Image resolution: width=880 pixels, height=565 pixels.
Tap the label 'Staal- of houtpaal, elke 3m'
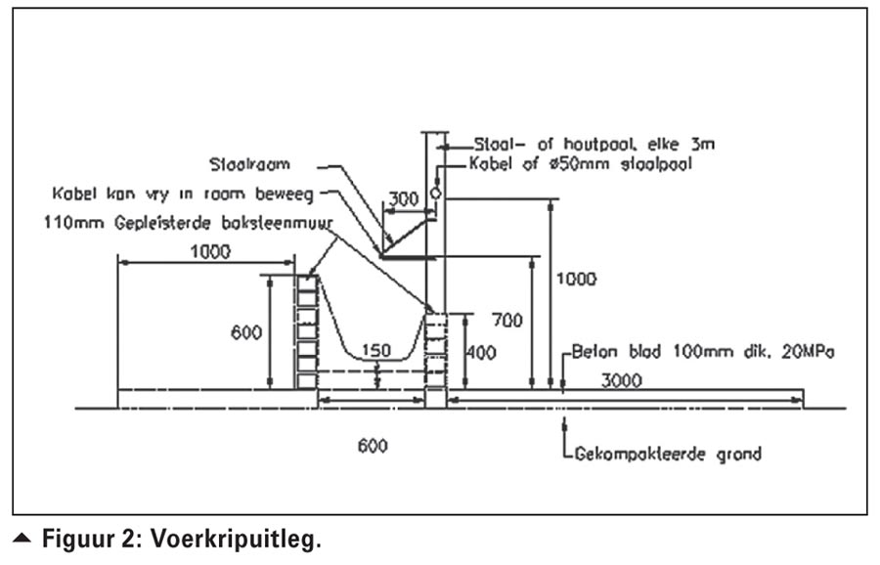[x=592, y=144]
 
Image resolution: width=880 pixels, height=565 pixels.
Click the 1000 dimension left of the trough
[x=210, y=251]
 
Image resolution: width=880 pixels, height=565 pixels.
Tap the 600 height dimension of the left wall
[x=246, y=332]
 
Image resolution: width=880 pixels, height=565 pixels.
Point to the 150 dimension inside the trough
[x=374, y=350]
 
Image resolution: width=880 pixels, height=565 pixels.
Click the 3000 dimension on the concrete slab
[x=622, y=379]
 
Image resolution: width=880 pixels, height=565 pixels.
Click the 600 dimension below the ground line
[x=373, y=446]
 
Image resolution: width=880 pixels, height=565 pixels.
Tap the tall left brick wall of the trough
[x=306, y=332]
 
